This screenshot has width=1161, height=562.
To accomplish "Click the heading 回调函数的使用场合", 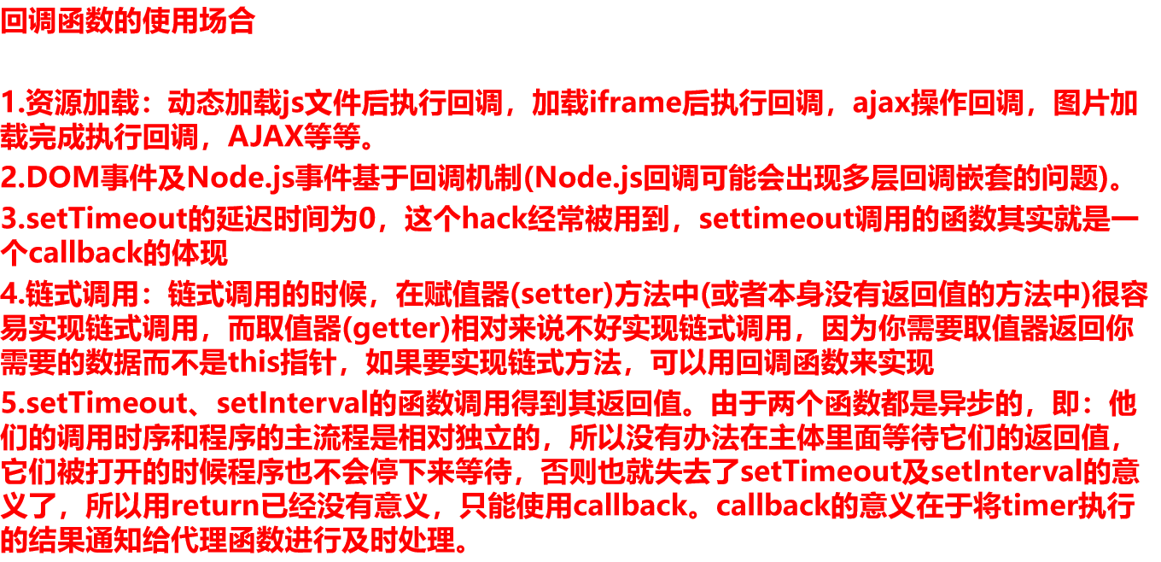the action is click(x=128, y=21).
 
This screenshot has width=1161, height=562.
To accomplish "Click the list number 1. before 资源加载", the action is click(x=12, y=103).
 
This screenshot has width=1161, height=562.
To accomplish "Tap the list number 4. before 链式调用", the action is click(x=12, y=296).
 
